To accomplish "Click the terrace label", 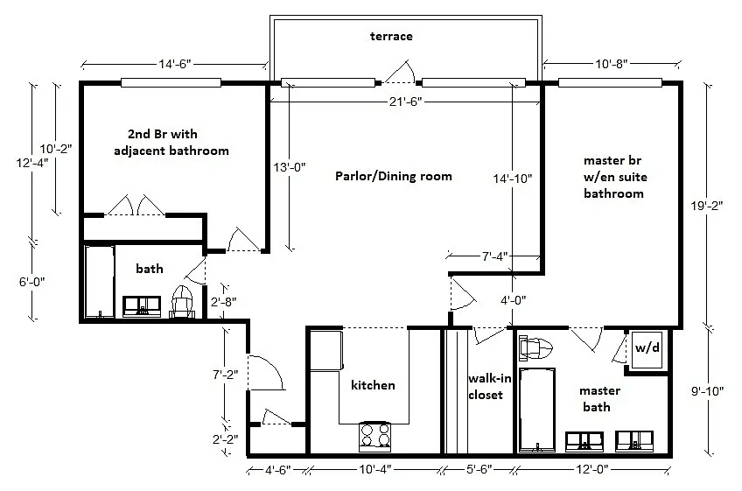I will (x=390, y=37).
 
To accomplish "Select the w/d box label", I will (x=647, y=348).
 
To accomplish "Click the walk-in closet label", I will (x=486, y=386).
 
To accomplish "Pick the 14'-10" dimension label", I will (x=513, y=178).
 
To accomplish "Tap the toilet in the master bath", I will (x=535, y=348).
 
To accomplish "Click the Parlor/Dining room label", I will (x=394, y=176).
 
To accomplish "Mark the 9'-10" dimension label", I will (x=707, y=390).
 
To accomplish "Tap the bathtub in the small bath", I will (x=100, y=281).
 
